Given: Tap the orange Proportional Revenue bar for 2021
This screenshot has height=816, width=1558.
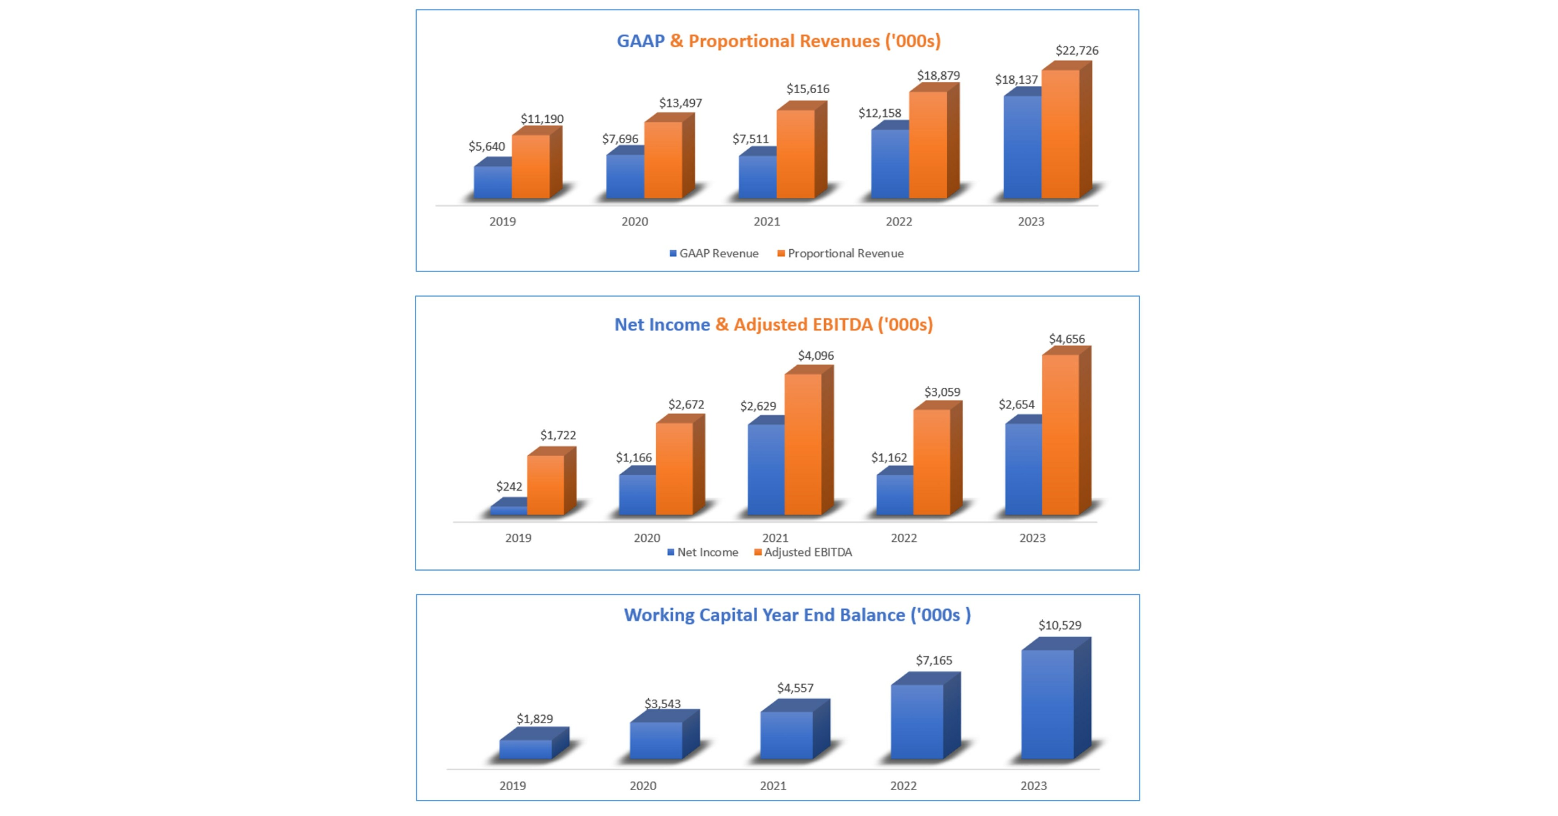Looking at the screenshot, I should (x=795, y=154).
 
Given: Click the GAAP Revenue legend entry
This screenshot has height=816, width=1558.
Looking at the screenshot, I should (x=714, y=253).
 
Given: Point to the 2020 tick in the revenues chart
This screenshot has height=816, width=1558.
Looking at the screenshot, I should (x=634, y=221).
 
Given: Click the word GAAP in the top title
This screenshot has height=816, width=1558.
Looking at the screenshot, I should (x=640, y=41).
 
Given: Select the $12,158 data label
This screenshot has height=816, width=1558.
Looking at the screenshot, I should (x=879, y=113).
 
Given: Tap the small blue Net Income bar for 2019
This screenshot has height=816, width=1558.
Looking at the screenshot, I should (x=508, y=510).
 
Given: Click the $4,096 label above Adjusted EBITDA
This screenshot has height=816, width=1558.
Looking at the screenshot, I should (x=815, y=356).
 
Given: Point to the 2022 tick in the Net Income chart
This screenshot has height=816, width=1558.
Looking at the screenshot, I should (x=904, y=538).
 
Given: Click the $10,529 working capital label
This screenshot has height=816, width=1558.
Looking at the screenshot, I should (x=1060, y=625).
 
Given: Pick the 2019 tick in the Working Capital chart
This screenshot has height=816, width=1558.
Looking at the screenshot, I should (x=512, y=786).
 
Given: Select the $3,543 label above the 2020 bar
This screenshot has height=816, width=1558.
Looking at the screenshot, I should (x=662, y=704).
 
